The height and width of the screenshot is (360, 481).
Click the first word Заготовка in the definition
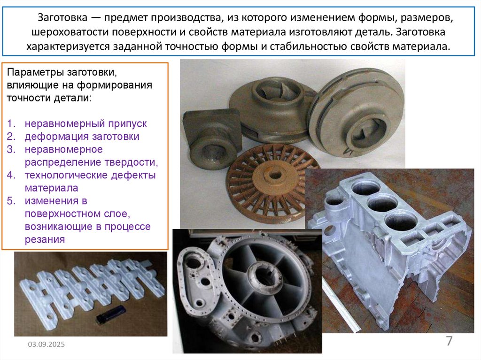pos(62,17)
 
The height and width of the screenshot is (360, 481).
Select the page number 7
pos(449,341)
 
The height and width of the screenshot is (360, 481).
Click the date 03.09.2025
pos(47,345)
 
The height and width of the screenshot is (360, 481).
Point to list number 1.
pos(11,123)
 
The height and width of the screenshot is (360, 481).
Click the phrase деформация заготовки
pos(82,137)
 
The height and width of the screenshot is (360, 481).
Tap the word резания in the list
pos(45,239)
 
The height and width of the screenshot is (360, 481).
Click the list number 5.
pos(11,201)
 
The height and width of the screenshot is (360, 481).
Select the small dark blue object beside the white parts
pos(110,315)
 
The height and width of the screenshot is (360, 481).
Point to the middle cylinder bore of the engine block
pos(383,203)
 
